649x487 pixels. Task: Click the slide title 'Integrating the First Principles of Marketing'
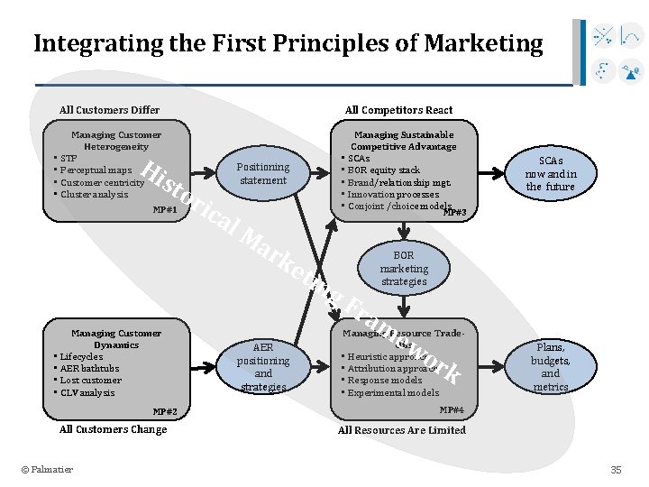(288, 43)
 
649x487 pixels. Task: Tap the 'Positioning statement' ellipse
(262, 173)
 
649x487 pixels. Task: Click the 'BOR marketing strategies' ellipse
(404, 268)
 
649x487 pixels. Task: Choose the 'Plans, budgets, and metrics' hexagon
(550, 366)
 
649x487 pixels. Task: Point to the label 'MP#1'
(165, 209)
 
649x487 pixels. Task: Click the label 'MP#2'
(165, 411)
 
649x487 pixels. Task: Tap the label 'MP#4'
(451, 409)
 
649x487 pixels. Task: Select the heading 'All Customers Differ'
(109, 110)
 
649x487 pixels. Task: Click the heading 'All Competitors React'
(399, 110)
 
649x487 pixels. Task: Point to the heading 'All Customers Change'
(113, 429)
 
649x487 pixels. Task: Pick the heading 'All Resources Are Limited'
(402, 430)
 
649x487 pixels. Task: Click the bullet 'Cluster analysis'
(95, 194)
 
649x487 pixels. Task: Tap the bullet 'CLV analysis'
(87, 392)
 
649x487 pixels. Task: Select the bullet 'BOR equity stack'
(384, 170)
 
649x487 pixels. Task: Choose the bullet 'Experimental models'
(394, 392)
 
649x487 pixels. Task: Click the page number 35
(617, 469)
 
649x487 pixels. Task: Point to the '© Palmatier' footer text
(48, 469)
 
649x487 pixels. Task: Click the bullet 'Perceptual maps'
(96, 170)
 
